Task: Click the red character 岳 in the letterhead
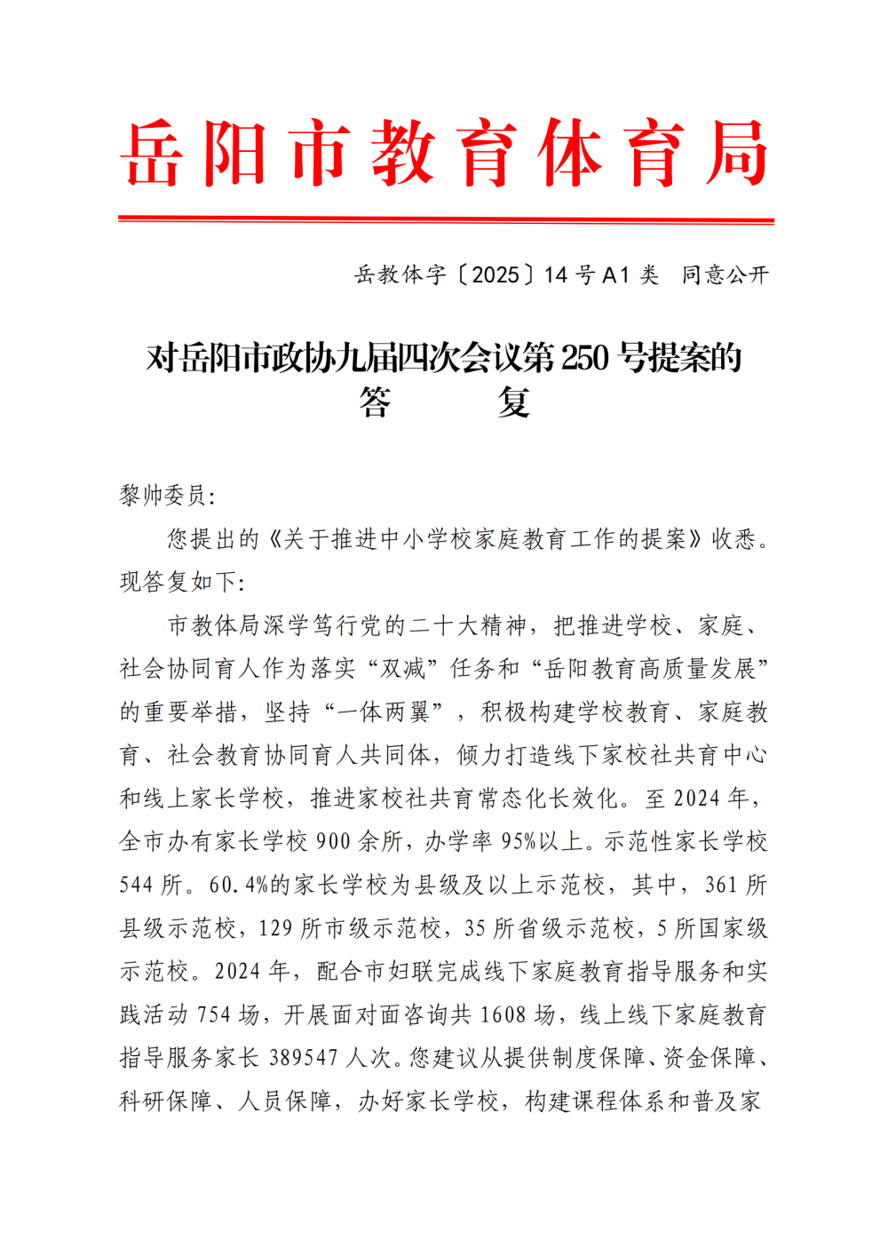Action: [x=153, y=154]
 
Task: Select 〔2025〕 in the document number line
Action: [x=496, y=275]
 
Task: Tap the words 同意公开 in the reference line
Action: [x=725, y=275]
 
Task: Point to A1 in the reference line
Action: [x=615, y=275]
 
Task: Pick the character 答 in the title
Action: [x=375, y=402]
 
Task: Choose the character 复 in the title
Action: [x=514, y=402]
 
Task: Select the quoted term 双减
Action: [x=403, y=669]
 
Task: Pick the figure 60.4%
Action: [x=239, y=886]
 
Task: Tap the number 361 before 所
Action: [x=721, y=886]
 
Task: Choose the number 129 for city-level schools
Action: [x=275, y=929]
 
